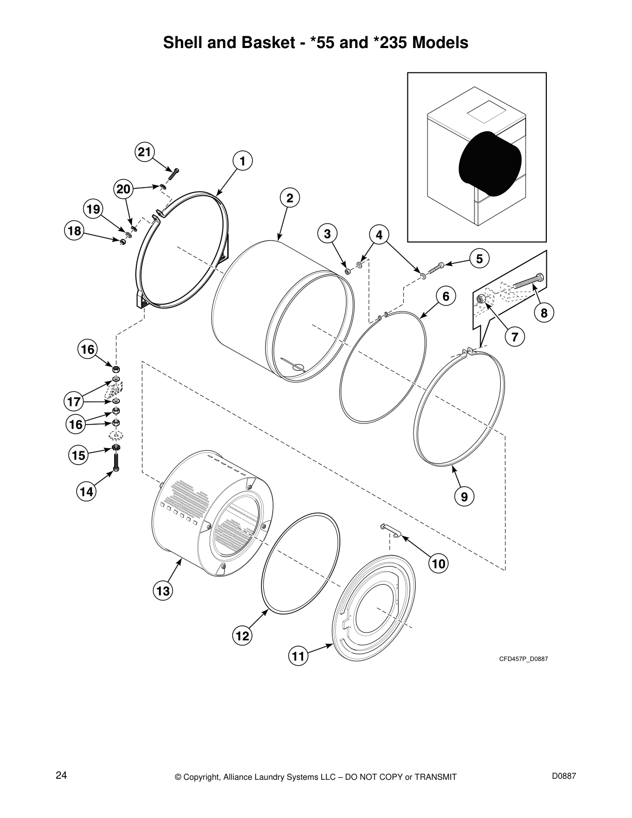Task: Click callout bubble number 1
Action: (x=242, y=161)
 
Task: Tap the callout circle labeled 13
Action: (x=163, y=591)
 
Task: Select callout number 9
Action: (x=464, y=497)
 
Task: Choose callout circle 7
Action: (x=515, y=337)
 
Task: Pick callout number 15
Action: (x=78, y=455)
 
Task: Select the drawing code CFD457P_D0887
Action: (x=523, y=659)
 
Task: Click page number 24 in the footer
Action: (x=61, y=776)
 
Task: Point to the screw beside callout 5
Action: (x=436, y=268)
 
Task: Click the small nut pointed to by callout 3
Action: (x=347, y=271)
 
